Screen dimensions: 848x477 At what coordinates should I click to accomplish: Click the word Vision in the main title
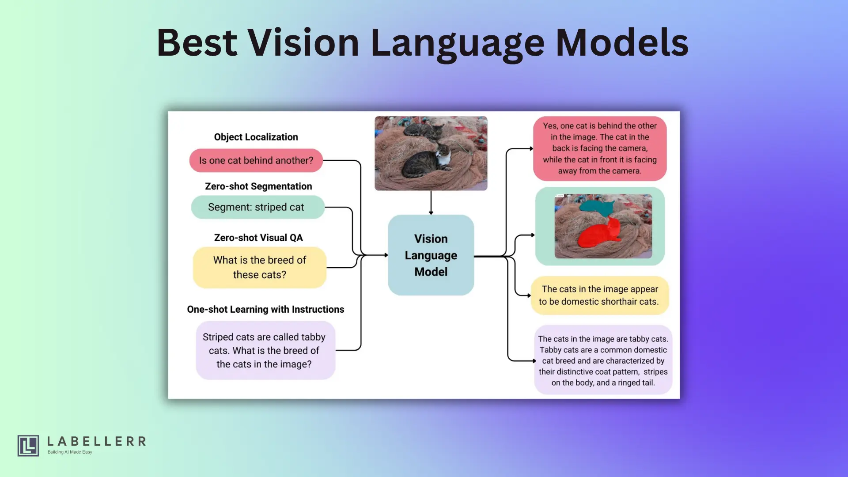pyautogui.click(x=303, y=42)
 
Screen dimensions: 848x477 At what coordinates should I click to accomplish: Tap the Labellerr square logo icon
pyautogui.click(x=28, y=445)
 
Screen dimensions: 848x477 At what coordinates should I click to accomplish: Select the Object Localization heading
pyautogui.click(x=256, y=137)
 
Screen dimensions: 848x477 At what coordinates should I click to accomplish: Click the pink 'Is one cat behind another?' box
pyautogui.click(x=256, y=160)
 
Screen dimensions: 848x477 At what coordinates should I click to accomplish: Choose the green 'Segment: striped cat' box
pyautogui.click(x=258, y=207)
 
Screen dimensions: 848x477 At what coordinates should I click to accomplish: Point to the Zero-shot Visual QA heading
pyautogui.click(x=258, y=238)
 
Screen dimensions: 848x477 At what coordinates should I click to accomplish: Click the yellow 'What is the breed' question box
pyautogui.click(x=260, y=267)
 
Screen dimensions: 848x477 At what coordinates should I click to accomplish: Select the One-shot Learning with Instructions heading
pyautogui.click(x=265, y=309)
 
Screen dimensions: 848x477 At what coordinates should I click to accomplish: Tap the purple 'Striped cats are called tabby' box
pyautogui.click(x=265, y=350)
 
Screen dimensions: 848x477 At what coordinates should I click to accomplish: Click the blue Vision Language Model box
pyautogui.click(x=431, y=255)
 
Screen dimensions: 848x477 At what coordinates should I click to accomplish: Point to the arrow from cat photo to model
pyautogui.click(x=431, y=203)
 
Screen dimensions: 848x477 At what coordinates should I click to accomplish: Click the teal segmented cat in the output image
pyautogui.click(x=596, y=207)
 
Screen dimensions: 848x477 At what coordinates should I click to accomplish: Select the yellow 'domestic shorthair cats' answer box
pyautogui.click(x=600, y=295)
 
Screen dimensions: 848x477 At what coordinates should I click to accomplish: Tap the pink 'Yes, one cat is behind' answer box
pyautogui.click(x=600, y=148)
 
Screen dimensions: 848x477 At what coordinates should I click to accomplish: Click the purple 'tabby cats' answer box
pyautogui.click(x=603, y=360)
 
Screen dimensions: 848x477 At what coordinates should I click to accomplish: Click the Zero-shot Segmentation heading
pyautogui.click(x=258, y=186)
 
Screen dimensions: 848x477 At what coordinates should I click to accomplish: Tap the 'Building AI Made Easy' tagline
pyautogui.click(x=70, y=452)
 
